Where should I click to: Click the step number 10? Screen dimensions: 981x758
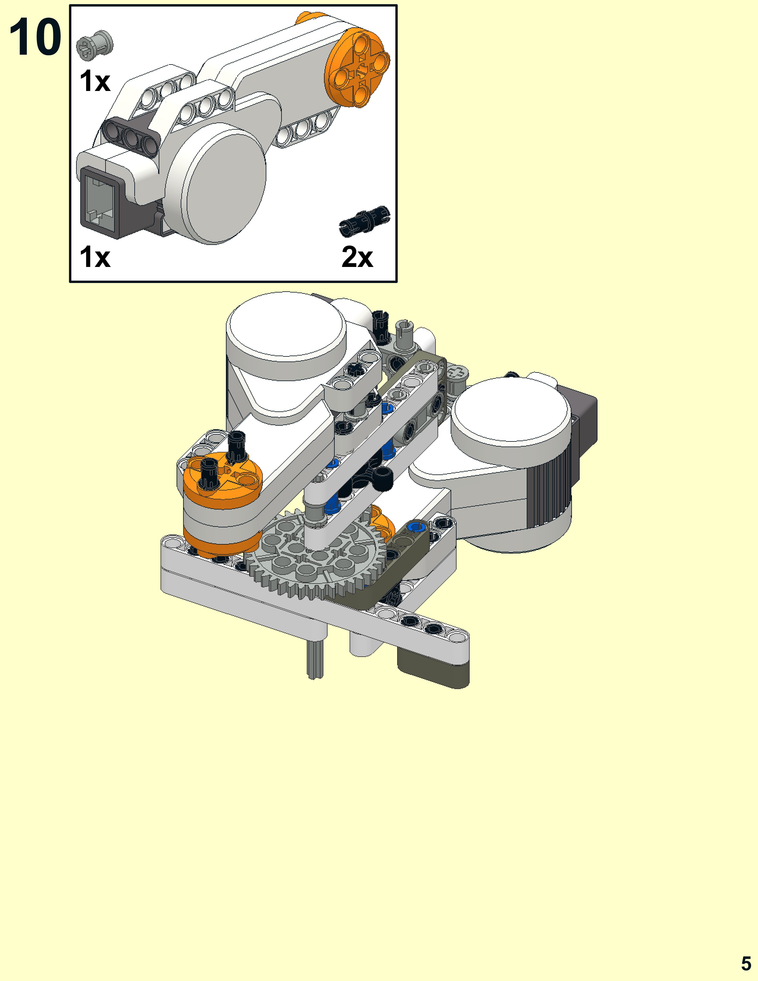point(35,38)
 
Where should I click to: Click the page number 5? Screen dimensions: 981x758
point(746,963)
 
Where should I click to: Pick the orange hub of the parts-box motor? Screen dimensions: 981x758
point(357,67)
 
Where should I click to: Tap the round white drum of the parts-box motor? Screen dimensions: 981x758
point(222,186)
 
